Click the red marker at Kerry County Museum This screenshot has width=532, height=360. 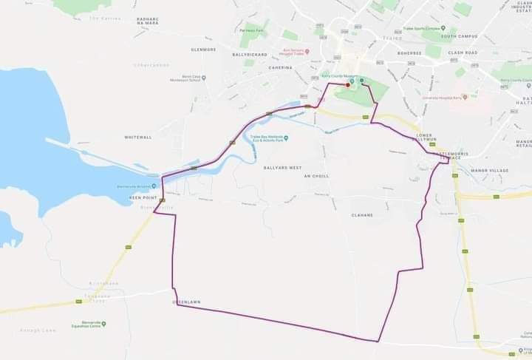click(x=348, y=85)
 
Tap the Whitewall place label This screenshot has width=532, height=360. click(x=138, y=137)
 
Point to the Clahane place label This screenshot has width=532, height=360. click(x=362, y=215)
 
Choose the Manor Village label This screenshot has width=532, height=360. click(x=489, y=171)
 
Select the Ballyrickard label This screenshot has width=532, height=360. click(x=249, y=55)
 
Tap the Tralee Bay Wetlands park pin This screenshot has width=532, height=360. click(x=287, y=137)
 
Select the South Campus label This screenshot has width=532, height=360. click(x=459, y=35)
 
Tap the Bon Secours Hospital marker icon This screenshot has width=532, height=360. click(x=307, y=51)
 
